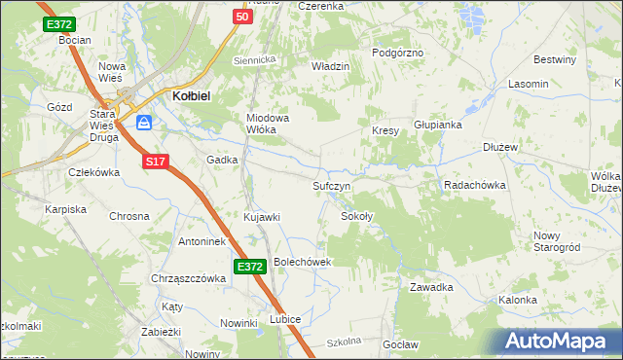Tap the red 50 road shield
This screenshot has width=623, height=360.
click(242, 17)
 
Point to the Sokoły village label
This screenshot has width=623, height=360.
click(356, 216)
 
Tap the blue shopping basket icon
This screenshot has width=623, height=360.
click(144, 123)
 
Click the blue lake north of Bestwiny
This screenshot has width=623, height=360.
click(474, 15)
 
